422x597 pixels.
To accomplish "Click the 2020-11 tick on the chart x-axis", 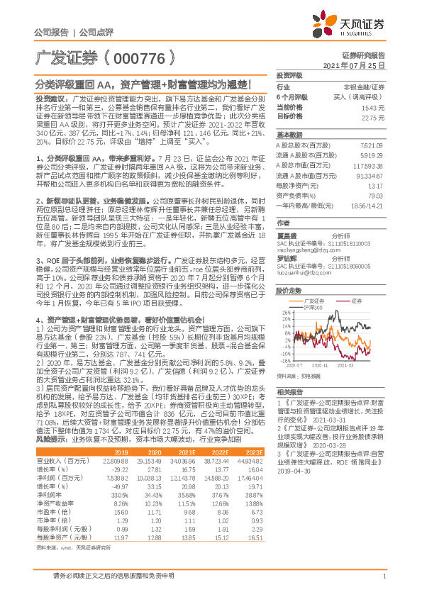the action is (318, 366).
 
